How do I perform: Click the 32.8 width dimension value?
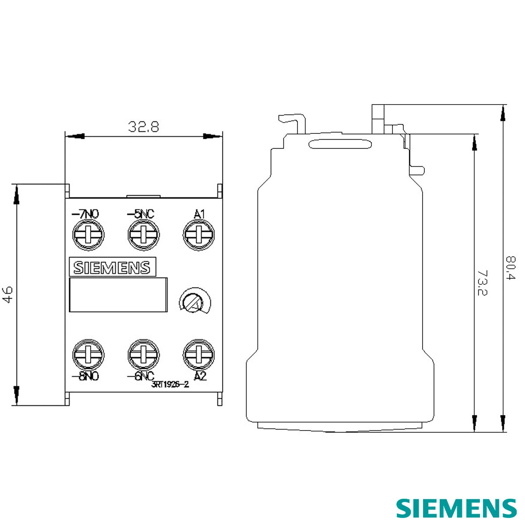point(143,126)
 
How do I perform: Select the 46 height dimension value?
point(7,294)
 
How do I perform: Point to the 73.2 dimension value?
point(483,283)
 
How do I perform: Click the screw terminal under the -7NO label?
point(88,234)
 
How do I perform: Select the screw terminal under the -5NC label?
point(143,234)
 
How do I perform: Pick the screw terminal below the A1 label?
point(199,234)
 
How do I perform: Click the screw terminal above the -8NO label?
point(88,355)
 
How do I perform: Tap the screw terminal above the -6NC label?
point(143,355)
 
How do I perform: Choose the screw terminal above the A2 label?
point(199,355)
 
